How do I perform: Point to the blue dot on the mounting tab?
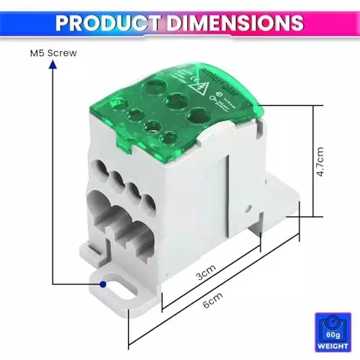coord(103,285)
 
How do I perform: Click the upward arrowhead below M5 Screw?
coord(53,65)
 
